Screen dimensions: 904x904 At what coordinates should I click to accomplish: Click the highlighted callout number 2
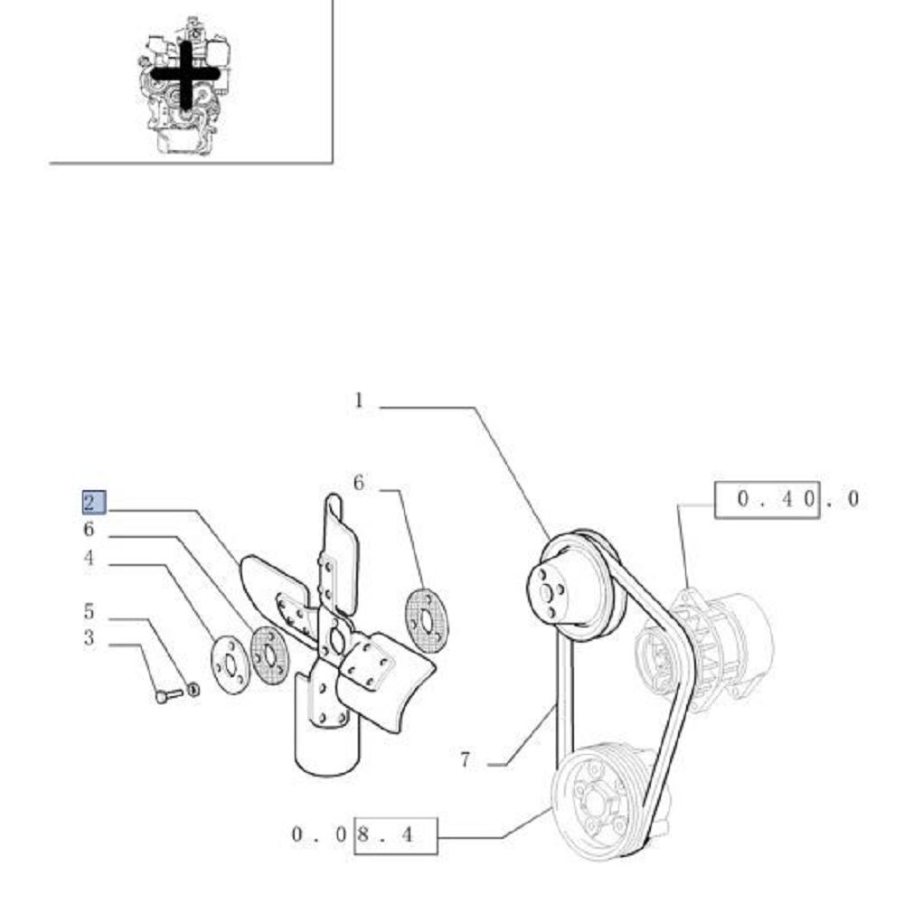pos(94,502)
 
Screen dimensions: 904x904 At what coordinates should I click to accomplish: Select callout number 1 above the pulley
pos(359,400)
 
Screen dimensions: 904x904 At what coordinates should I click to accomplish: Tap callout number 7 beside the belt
pos(466,760)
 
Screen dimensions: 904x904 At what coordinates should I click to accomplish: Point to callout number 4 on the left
pos(89,558)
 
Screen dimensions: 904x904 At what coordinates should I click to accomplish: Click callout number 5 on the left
pos(89,611)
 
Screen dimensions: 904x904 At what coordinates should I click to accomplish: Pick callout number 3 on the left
pos(89,637)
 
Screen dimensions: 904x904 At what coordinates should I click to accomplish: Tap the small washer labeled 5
pos(193,689)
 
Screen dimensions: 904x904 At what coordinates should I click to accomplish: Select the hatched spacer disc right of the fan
pos(428,620)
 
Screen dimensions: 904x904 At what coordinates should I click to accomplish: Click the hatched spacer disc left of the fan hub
pos(269,656)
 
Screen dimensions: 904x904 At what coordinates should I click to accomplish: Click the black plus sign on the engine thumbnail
pos(185,74)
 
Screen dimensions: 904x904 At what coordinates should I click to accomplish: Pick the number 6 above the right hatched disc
pos(359,483)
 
